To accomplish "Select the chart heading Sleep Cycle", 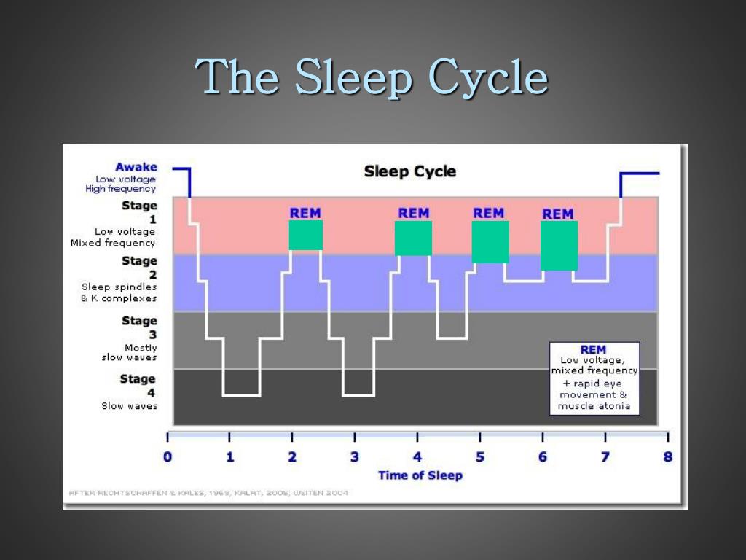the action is pos(409,172).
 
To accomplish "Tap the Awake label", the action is pos(136,167).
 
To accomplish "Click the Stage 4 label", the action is pos(138,386).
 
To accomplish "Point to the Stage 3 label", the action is pos(139,327).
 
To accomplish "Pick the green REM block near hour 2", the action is pos(305,236).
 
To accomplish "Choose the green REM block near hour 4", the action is pos(413,238).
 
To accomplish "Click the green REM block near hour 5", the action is pos(490,242).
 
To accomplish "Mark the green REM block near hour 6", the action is pos(559,246).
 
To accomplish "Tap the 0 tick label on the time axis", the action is pos(168,457).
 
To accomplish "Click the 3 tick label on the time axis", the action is pos(355,457).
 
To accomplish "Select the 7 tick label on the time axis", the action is pos(605,457).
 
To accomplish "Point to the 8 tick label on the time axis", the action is pos(667,457).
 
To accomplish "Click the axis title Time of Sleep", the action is pos(420,475).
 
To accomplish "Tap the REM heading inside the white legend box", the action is pos(593,350).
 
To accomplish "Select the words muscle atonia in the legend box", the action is pos(594,406).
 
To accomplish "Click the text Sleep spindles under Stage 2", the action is pos(119,287).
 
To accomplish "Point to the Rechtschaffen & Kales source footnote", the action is pos(208,493).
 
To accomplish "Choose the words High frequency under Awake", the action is pos(120,189).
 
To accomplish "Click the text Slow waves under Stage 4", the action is pos(129,406).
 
